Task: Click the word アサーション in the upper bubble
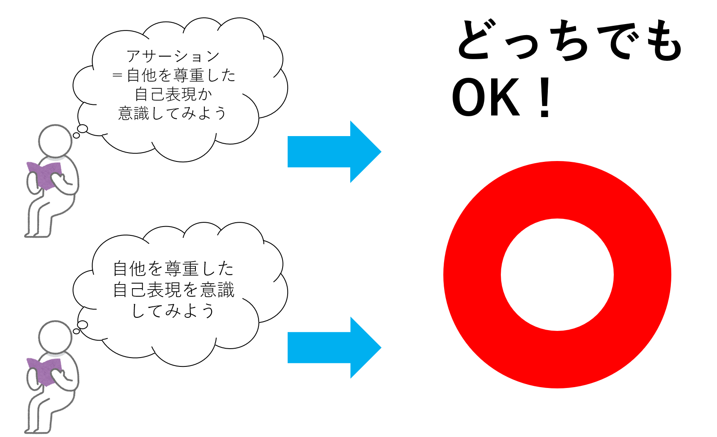[x=173, y=56]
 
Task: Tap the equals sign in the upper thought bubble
[x=117, y=76]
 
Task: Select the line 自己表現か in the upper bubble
[x=173, y=94]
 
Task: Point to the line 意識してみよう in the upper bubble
[x=173, y=113]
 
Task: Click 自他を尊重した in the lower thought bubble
[x=173, y=269]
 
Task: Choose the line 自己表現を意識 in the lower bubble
[x=173, y=290]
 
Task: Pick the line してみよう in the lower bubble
[x=173, y=311]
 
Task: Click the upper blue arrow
[x=334, y=152]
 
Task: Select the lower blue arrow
[x=334, y=347]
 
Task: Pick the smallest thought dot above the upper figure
[x=76, y=136]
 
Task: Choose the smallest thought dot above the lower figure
[x=76, y=331]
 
